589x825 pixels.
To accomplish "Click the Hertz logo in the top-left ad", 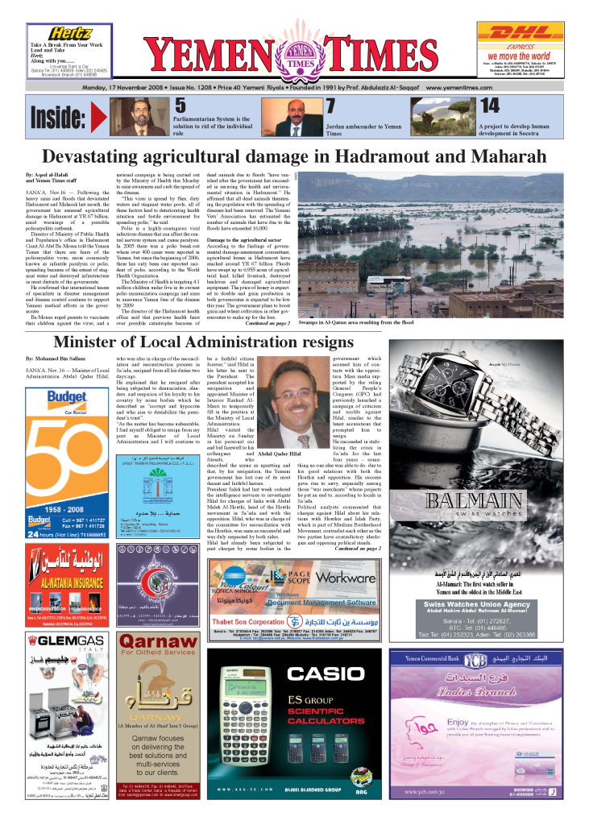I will pos(56,31).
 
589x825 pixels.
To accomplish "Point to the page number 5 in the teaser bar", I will pos(181,106).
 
